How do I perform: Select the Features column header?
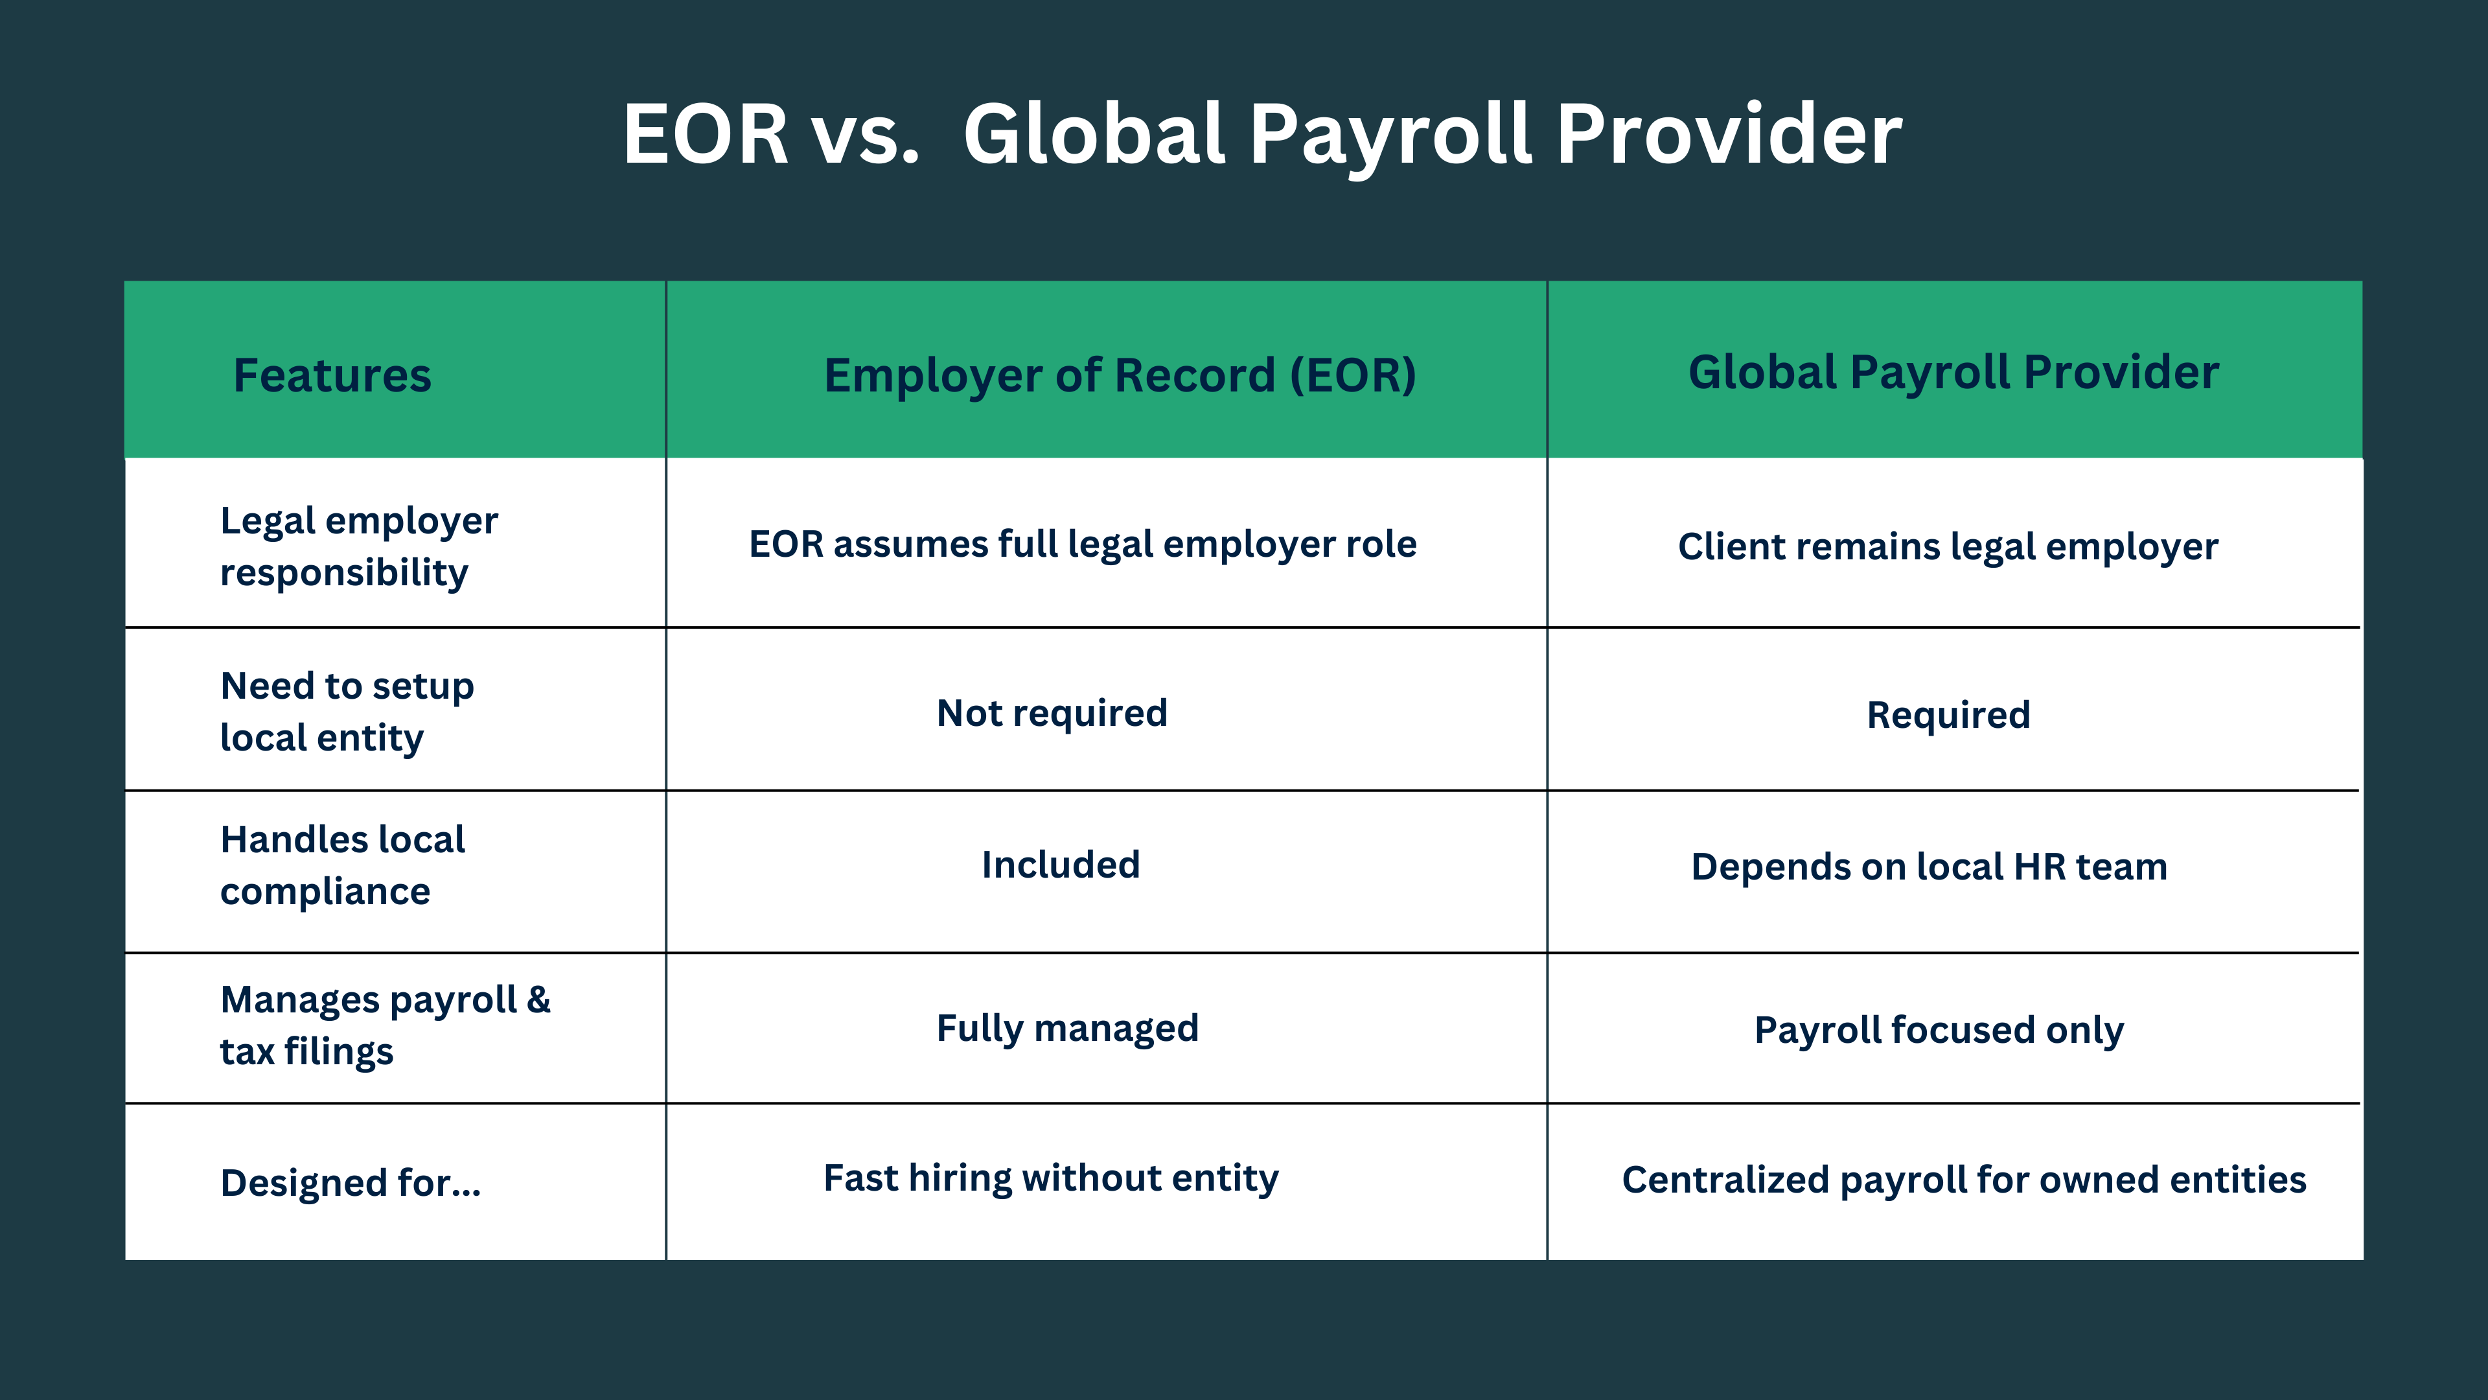332,375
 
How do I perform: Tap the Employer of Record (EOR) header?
1120,375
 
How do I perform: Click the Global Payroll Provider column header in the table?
1953,372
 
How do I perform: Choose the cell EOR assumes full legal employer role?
1083,544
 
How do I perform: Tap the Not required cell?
1052,713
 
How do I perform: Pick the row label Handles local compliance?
342,865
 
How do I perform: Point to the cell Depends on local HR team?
1929,867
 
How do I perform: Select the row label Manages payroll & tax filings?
384,1025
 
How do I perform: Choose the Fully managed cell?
1067,1028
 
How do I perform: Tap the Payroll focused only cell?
1939,1030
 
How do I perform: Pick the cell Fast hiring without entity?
1051,1178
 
